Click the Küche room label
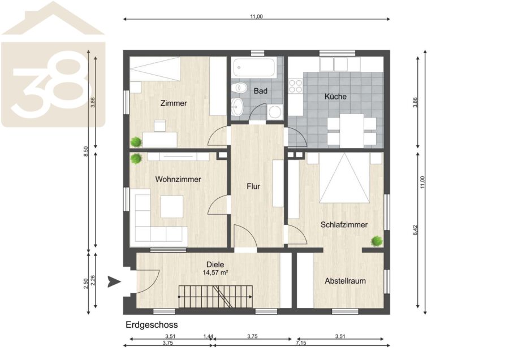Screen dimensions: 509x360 point(335,96)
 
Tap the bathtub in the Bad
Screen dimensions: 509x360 point(254,67)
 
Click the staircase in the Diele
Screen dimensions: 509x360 point(215,297)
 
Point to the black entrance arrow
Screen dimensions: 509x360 point(114,281)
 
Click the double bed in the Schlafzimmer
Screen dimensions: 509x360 point(344,177)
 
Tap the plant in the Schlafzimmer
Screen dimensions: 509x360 point(377,241)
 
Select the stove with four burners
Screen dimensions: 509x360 point(296,86)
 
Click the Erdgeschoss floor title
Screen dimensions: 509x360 point(152,324)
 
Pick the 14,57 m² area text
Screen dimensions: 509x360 point(215,273)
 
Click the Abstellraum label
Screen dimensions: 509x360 point(345,281)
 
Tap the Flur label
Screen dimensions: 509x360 point(253,186)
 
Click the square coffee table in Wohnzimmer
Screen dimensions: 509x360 point(172,207)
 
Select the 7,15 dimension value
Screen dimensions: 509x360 point(301,343)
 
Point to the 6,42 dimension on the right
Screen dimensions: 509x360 point(416,230)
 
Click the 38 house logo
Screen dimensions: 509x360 point(53,64)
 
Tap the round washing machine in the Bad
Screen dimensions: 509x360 point(275,112)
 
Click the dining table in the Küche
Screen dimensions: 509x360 point(352,131)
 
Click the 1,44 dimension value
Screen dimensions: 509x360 point(208,336)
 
